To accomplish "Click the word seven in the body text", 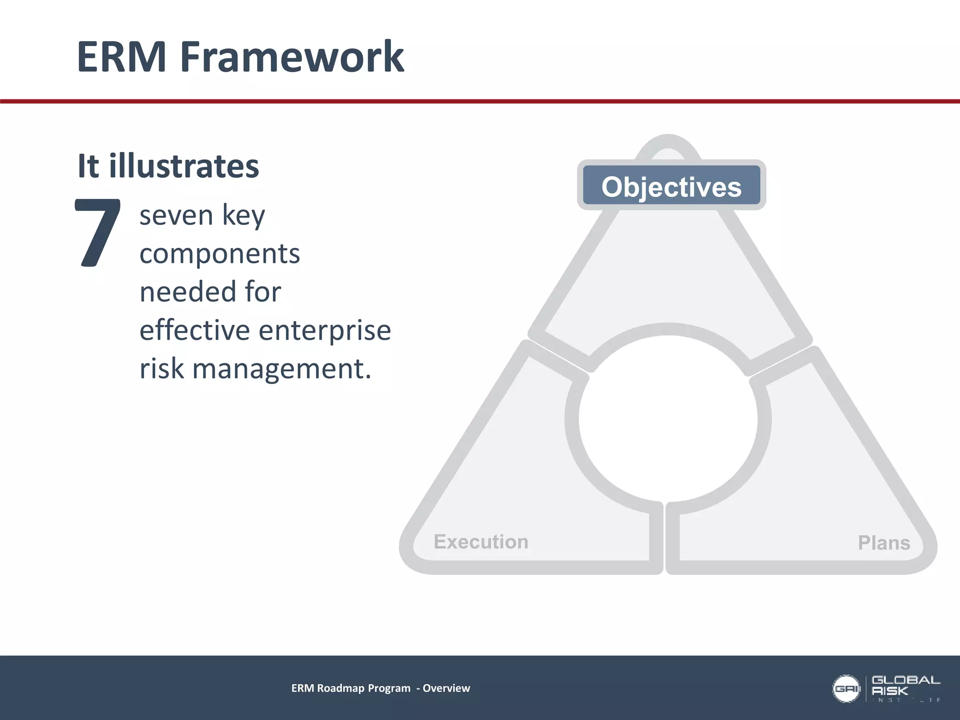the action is click(x=176, y=216).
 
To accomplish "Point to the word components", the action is click(x=219, y=255).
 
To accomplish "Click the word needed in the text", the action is click(x=187, y=292).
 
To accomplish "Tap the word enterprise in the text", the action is click(x=325, y=330).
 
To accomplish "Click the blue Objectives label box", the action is click(x=671, y=186).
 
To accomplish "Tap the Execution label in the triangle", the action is click(x=481, y=542).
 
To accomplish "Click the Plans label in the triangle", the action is click(x=884, y=543).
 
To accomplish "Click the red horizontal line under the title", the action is click(x=480, y=101).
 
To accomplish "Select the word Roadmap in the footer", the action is click(x=341, y=688).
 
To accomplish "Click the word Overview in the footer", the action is click(x=446, y=688).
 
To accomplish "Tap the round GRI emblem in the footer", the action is click(x=846, y=689).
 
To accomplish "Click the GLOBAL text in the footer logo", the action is click(x=905, y=680).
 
